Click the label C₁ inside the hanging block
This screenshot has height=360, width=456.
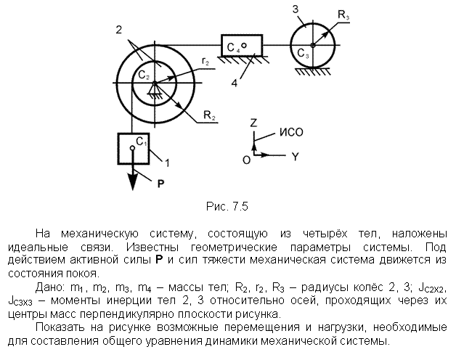pos(142,142)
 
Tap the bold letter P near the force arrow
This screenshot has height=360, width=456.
pos(160,184)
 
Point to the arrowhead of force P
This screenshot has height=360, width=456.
pos(133,182)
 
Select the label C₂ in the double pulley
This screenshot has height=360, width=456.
pos(143,75)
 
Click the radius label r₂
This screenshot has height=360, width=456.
pos(205,62)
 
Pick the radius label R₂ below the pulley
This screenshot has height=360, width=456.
pos(209,115)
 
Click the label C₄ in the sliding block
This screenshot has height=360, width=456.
pos(234,47)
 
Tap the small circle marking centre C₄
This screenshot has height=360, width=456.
pos(244,46)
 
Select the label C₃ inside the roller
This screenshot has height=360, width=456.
pos(303,54)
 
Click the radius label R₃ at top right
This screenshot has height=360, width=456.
pos(343,15)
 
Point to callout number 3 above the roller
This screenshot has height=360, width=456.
pos(296,9)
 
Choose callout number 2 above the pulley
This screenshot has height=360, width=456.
pos(118,30)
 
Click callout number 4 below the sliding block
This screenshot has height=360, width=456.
pos(235,83)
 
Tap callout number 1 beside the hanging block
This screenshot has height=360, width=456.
pos(167,163)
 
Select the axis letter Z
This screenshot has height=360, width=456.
pos(253,123)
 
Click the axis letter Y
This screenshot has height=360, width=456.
pos(296,157)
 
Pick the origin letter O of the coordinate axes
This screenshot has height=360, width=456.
pos(246,160)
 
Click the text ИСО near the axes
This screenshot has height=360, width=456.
pos(291,132)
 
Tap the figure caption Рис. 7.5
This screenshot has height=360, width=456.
pos(227,206)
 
